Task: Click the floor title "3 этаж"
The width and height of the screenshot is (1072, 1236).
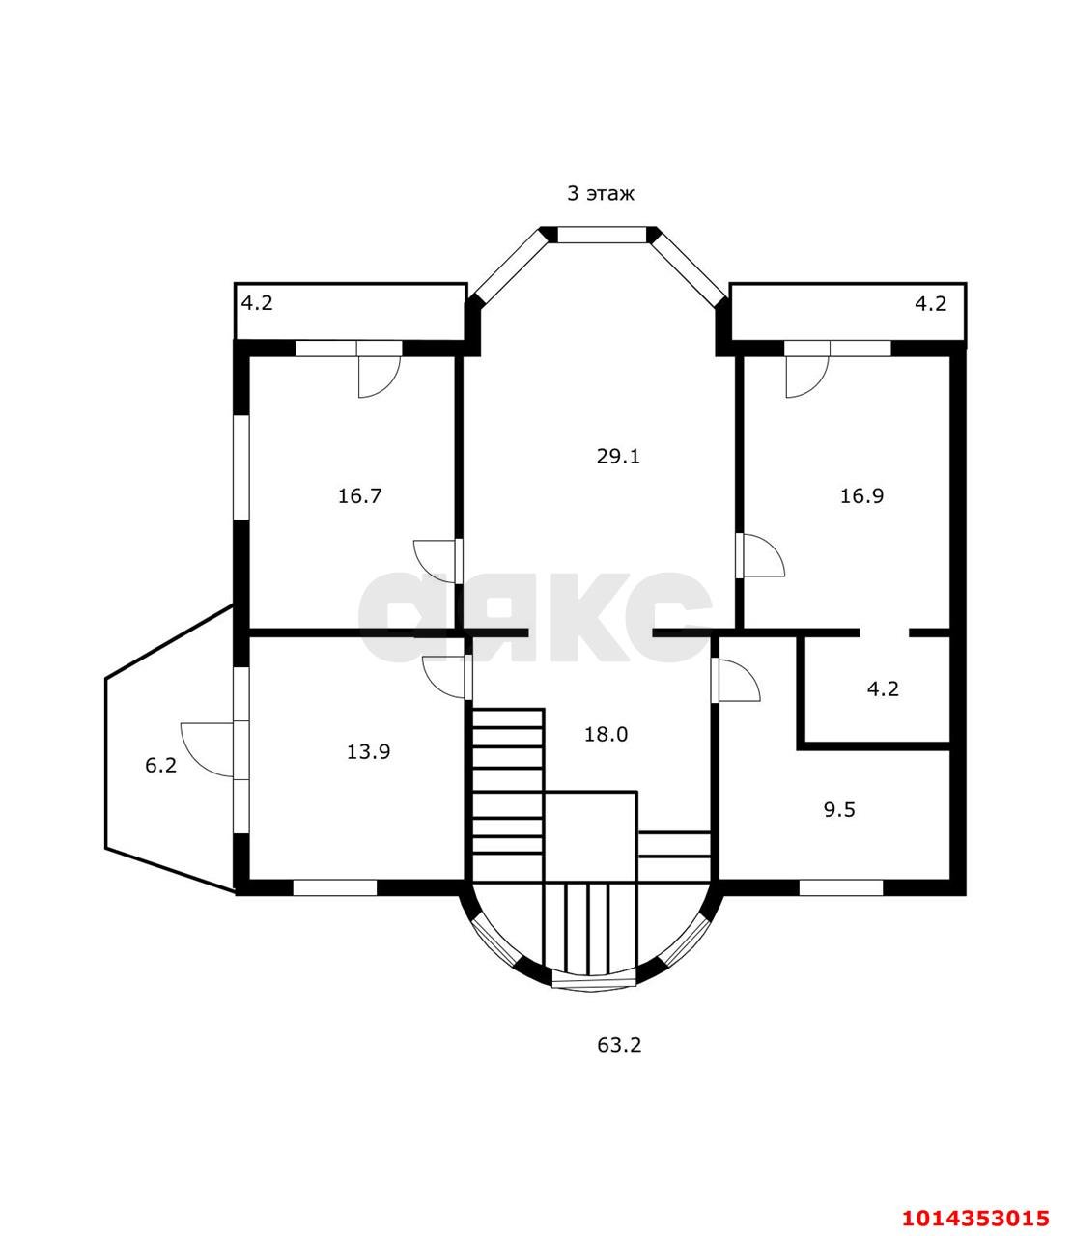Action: point(600,194)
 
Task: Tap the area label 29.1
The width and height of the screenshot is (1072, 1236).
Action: point(618,457)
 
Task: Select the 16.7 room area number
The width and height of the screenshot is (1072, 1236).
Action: point(359,495)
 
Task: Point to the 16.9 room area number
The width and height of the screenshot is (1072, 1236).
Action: point(862,495)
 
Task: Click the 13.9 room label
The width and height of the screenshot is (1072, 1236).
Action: point(369,751)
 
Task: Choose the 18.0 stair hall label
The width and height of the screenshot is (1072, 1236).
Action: point(606,734)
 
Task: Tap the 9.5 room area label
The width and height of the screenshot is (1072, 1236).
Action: point(840,810)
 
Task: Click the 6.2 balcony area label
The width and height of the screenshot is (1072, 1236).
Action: point(161,765)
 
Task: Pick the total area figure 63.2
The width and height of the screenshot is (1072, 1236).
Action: point(619,1045)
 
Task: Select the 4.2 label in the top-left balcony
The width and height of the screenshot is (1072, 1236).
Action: point(257,303)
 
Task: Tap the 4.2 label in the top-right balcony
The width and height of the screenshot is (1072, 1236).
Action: point(931,304)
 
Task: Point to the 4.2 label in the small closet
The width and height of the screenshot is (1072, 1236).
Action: point(883,688)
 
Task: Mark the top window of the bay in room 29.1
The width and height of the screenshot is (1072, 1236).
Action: point(603,235)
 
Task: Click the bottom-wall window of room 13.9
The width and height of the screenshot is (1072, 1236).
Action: point(335,887)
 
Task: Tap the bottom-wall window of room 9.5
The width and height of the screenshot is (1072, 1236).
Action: point(841,887)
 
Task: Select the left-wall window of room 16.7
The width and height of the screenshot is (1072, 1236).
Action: point(241,467)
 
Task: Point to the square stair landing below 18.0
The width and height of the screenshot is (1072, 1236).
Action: point(590,836)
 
